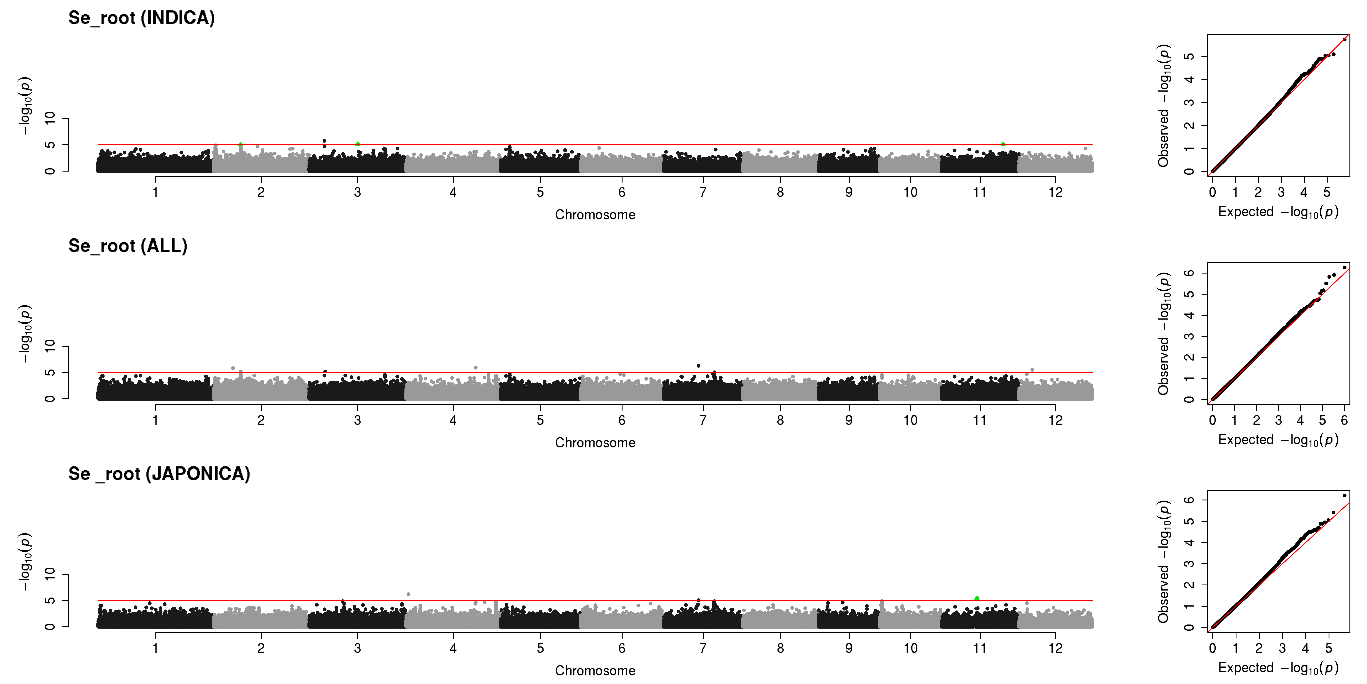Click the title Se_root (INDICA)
click(x=142, y=18)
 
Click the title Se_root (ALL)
click(x=128, y=246)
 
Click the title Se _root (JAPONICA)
click(x=159, y=474)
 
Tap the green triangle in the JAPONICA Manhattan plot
click(x=977, y=598)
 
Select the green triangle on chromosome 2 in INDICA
click(x=241, y=144)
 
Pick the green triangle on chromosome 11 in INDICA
click(x=1003, y=144)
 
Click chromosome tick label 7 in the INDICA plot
click(x=703, y=192)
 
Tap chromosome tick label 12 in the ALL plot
click(x=1055, y=420)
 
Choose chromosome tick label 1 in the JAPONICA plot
click(x=155, y=648)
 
